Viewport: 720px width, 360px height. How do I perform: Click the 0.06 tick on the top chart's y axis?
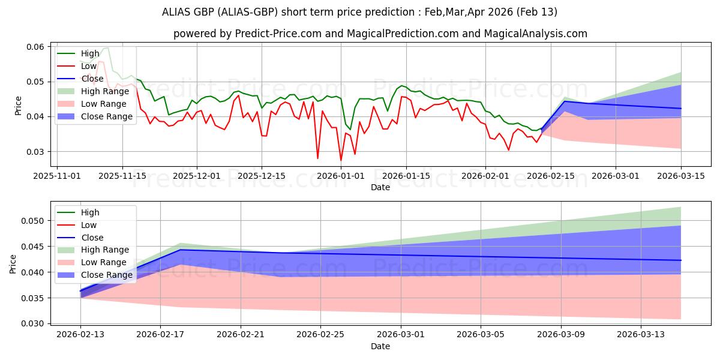34,47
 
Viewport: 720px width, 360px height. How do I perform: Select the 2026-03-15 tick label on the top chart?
680,176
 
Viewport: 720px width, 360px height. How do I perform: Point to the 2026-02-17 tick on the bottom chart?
160,334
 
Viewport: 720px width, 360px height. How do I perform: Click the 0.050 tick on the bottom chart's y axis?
34,221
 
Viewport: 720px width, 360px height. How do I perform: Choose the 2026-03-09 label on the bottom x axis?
561,334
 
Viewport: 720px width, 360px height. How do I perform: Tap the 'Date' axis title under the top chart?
380,187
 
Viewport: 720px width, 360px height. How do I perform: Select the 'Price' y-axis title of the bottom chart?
13,264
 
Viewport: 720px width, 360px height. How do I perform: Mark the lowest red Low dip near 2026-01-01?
341,161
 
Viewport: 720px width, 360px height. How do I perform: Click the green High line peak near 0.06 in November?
106,48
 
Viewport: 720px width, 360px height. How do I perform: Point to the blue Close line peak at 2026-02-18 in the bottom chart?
180,250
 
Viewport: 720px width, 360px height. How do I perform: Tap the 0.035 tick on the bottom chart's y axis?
34,298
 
